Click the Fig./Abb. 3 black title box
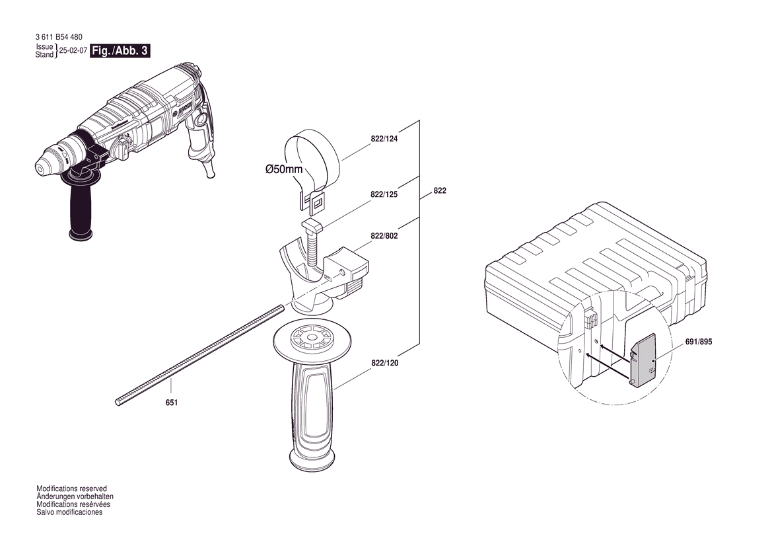[x=120, y=51]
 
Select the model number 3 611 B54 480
[x=59, y=37]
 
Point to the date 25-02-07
[x=73, y=50]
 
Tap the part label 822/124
[x=384, y=138]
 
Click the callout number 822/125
[x=384, y=194]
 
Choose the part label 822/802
[x=384, y=235]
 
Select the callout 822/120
[x=384, y=363]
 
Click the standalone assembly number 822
[x=440, y=190]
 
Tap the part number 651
[x=171, y=403]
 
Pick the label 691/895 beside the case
[x=698, y=342]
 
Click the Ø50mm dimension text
[x=284, y=169]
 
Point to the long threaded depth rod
[x=200, y=355]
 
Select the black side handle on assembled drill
[x=81, y=212]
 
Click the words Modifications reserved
[x=71, y=489]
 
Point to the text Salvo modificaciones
[x=69, y=512]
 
